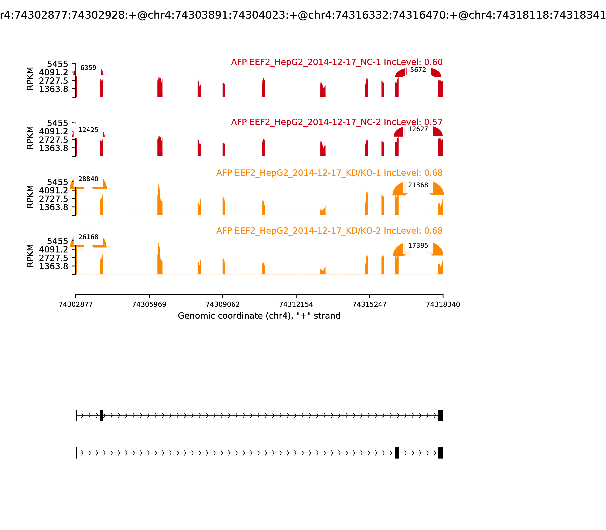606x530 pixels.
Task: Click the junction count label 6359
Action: pyautogui.click(x=88, y=68)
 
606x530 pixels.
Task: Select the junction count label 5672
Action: pyautogui.click(x=418, y=70)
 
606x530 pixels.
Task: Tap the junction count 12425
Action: pyautogui.click(x=88, y=130)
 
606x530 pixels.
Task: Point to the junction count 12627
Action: pyautogui.click(x=418, y=129)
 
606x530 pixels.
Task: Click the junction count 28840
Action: pyautogui.click(x=88, y=179)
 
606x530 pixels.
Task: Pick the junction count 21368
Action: pyautogui.click(x=418, y=185)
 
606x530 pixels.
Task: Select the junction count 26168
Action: pyautogui.click(x=88, y=237)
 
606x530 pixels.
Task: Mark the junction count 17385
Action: pyautogui.click(x=418, y=246)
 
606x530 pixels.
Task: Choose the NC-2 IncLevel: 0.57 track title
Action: pyautogui.click(x=337, y=122)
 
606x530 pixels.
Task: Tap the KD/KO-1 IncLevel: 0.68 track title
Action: pyautogui.click(x=329, y=173)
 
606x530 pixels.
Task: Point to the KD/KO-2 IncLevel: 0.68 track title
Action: pyautogui.click(x=329, y=231)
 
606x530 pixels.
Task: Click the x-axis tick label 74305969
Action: pyautogui.click(x=149, y=304)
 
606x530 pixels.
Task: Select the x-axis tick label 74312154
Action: pyautogui.click(x=296, y=304)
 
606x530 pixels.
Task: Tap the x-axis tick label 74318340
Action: pyautogui.click(x=443, y=304)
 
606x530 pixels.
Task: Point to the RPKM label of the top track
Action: pyautogui.click(x=30, y=79)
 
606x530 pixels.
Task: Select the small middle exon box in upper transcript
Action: pyautogui.click(x=101, y=415)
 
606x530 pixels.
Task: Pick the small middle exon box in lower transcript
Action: pyautogui.click(x=397, y=453)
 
